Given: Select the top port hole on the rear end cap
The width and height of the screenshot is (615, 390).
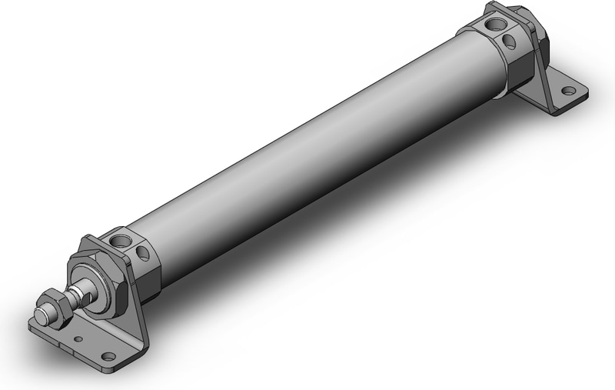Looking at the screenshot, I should click(489, 26).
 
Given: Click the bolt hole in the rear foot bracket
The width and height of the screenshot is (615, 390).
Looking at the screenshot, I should click(569, 90).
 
